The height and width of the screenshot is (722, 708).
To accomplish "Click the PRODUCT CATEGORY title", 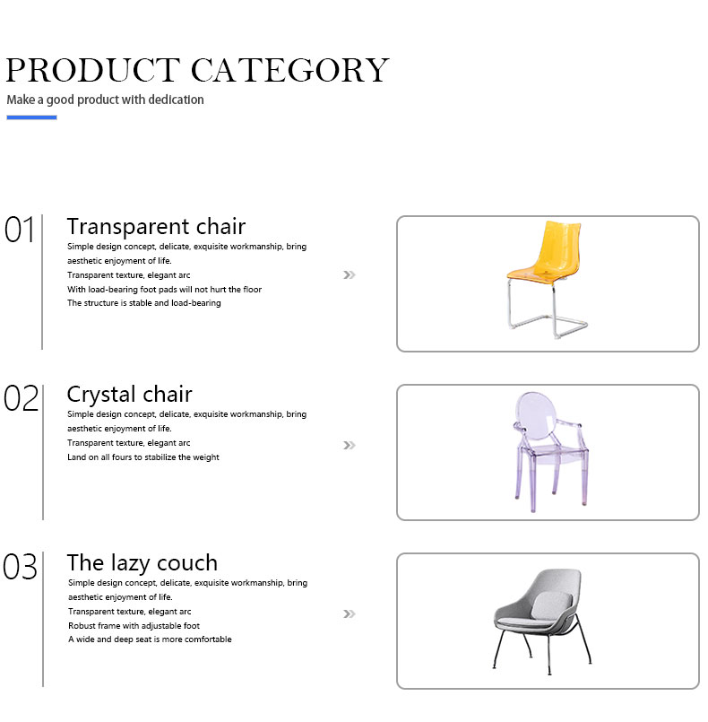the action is (x=197, y=70).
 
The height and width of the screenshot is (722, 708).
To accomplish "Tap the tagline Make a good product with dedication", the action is (x=105, y=100).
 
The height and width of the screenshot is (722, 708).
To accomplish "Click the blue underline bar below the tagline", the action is (x=31, y=117).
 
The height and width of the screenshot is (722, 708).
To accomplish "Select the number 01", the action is (x=20, y=230).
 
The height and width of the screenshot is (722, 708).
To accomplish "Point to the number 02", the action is (x=21, y=398).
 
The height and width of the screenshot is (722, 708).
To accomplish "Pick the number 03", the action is (x=20, y=567).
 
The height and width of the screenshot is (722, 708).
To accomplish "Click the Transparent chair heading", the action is (x=157, y=227).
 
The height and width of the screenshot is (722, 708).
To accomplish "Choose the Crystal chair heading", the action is (x=129, y=395).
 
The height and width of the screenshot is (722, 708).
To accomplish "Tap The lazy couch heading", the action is (x=142, y=563).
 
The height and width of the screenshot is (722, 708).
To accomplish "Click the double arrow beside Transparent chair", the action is (x=350, y=274).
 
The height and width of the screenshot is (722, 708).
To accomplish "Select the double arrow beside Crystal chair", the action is (x=350, y=445).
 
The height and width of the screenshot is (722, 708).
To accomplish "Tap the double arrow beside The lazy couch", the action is (x=350, y=613).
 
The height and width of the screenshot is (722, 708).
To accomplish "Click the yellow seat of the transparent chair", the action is (x=536, y=274).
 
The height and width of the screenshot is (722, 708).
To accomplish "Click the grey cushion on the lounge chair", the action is (x=551, y=605).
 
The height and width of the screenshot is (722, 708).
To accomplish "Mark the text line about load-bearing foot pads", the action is (x=164, y=290).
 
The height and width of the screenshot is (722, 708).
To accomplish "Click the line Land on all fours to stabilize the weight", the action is (x=143, y=457).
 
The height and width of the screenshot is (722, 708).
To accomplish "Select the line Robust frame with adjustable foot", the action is (x=134, y=626).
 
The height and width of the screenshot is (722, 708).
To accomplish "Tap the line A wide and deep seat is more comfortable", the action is (x=150, y=639).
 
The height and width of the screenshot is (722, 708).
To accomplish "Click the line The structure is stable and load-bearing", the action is (x=144, y=303).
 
